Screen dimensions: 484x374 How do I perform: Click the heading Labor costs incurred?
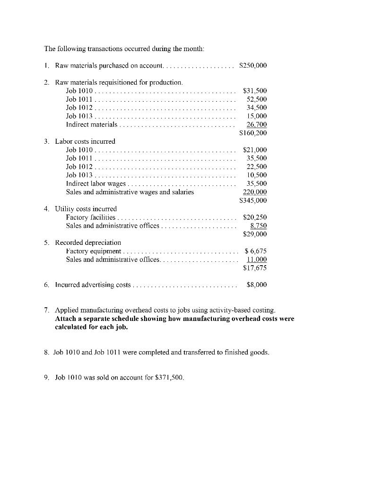85,141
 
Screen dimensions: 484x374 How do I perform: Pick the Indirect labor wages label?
96,183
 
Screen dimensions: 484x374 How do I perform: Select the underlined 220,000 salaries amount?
255,192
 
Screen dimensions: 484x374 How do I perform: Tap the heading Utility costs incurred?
86,208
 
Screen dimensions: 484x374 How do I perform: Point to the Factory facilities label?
90,217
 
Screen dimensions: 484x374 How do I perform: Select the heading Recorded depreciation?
88,242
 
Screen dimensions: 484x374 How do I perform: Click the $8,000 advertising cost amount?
257,285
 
